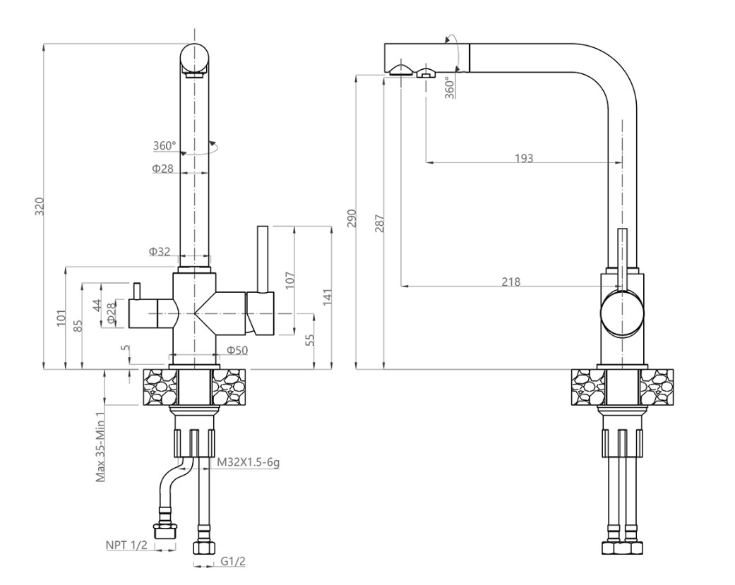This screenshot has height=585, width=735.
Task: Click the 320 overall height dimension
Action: (40, 206)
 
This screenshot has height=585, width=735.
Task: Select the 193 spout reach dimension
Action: (523, 158)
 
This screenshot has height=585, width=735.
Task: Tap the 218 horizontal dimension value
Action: (510, 282)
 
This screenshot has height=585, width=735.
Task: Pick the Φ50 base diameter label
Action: (237, 350)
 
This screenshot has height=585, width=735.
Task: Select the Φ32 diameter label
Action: (160, 251)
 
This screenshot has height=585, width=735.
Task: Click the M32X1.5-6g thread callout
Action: (248, 462)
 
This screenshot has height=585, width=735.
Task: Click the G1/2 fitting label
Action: (233, 562)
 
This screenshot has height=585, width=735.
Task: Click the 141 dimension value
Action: (326, 298)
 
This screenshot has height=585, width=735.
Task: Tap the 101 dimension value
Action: (61, 318)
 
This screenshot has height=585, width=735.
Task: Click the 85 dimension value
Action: (78, 326)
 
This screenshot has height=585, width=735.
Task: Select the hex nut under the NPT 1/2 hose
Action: (165, 530)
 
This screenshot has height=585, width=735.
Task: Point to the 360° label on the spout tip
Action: (450, 89)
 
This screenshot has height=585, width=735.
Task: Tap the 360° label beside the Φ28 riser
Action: (165, 146)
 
